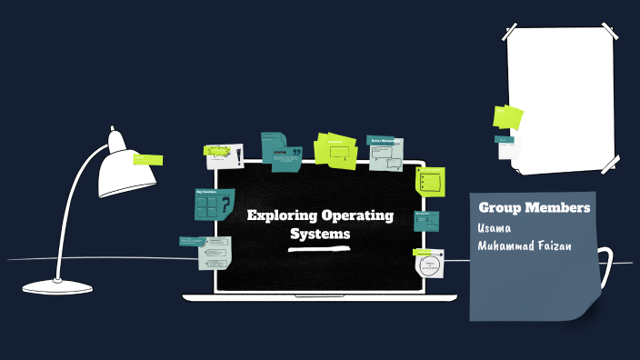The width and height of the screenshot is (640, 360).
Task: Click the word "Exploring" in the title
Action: point(282,216)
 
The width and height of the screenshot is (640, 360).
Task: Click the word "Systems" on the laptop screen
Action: point(319,235)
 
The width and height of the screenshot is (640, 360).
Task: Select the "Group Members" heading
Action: point(534,208)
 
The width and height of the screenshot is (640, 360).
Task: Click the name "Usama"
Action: point(495,227)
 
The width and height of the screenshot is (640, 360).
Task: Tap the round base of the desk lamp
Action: point(57,286)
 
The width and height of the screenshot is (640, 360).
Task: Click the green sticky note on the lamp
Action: point(147,160)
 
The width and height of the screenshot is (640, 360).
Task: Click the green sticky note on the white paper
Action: point(507,116)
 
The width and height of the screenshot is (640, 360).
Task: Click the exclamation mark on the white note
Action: point(237,156)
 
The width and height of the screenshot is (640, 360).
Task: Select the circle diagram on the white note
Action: point(430,265)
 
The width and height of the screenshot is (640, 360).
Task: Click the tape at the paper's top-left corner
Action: point(515,34)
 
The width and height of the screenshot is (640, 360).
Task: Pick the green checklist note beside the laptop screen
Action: point(430,180)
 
